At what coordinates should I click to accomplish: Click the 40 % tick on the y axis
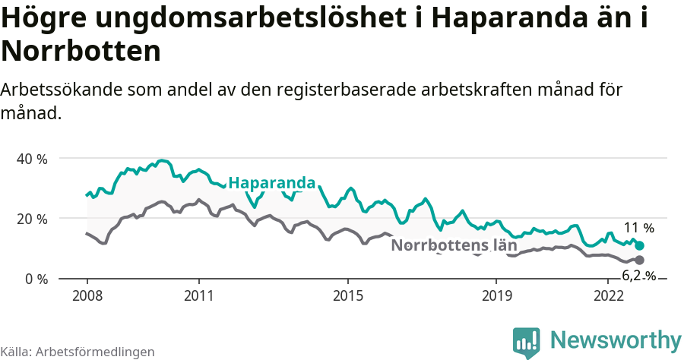pyautogui.click(x=32, y=159)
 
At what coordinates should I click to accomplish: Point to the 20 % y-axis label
pyautogui.click(x=32, y=219)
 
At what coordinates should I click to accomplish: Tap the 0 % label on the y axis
pyautogui.click(x=36, y=279)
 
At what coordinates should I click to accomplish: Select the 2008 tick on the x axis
pyautogui.click(x=87, y=295)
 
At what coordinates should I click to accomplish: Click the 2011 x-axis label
pyautogui.click(x=198, y=295)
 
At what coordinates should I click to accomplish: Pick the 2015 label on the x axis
pyautogui.click(x=347, y=295)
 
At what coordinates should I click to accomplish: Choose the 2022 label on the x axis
pyautogui.click(x=608, y=295)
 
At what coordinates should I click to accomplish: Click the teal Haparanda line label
pyautogui.click(x=271, y=183)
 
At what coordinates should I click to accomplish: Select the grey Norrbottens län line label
pyautogui.click(x=459, y=245)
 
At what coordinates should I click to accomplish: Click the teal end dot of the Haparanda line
pyautogui.click(x=640, y=245)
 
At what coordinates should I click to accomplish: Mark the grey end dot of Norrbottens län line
pyautogui.click(x=640, y=260)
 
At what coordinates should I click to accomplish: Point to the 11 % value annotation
pyautogui.click(x=638, y=228)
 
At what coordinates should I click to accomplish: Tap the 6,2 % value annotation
pyautogui.click(x=638, y=276)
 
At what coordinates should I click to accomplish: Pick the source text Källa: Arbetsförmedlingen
pyautogui.click(x=78, y=352)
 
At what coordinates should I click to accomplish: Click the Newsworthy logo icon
pyautogui.click(x=526, y=342)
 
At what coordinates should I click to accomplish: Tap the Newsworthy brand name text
pyautogui.click(x=616, y=339)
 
